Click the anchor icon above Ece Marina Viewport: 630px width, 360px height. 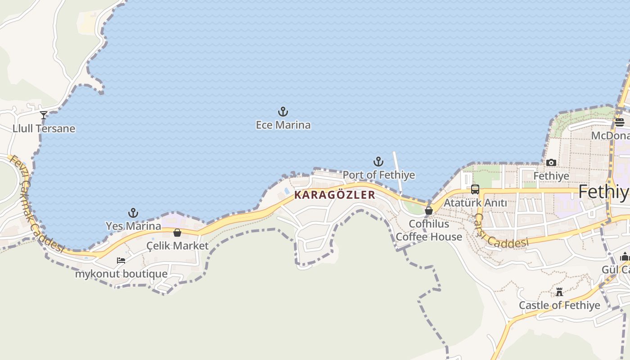coord(283,112)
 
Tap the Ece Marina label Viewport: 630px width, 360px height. coord(283,125)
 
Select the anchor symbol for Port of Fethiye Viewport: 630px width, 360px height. coord(378,162)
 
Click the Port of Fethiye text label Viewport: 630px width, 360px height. coord(379,175)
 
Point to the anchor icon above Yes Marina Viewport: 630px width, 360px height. coord(133,213)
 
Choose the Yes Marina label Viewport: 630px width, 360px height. coord(133,226)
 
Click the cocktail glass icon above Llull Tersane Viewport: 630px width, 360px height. coord(44,115)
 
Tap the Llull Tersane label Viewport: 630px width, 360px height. coord(44,129)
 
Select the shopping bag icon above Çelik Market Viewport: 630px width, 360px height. coord(177,233)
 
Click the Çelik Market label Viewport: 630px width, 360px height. coord(178,246)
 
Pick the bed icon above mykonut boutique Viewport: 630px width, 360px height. coord(121,261)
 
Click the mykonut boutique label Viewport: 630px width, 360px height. coord(121,274)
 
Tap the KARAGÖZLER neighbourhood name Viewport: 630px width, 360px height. coord(334,195)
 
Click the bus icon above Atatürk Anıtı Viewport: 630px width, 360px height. coord(475,189)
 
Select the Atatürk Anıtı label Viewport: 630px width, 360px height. coord(475,203)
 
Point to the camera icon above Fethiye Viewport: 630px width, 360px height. coord(551,162)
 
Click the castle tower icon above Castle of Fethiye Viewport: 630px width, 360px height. coord(559,292)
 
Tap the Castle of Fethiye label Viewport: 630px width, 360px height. coord(559,306)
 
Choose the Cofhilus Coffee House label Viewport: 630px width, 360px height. coord(429,230)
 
